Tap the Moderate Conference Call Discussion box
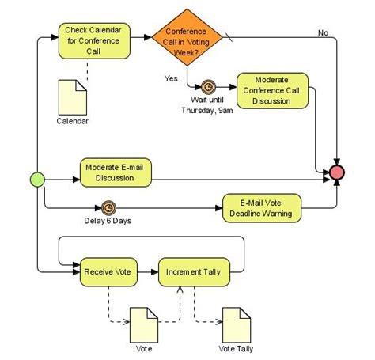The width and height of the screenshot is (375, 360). click(x=272, y=91)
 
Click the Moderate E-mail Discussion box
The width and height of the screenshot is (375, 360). click(x=116, y=172)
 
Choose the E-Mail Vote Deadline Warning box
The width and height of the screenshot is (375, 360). click(x=260, y=207)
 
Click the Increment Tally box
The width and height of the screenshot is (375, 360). click(x=193, y=272)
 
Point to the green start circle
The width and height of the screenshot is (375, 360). click(x=36, y=179)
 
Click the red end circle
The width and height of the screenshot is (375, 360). click(x=338, y=172)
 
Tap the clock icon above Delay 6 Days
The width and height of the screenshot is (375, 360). click(x=108, y=207)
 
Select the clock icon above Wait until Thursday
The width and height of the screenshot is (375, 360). click(x=209, y=86)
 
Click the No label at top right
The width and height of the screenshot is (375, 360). click(x=323, y=32)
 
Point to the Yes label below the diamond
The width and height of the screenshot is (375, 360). click(x=171, y=78)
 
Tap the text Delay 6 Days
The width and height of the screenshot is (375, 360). click(x=108, y=221)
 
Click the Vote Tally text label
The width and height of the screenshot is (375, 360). click(x=236, y=348)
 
